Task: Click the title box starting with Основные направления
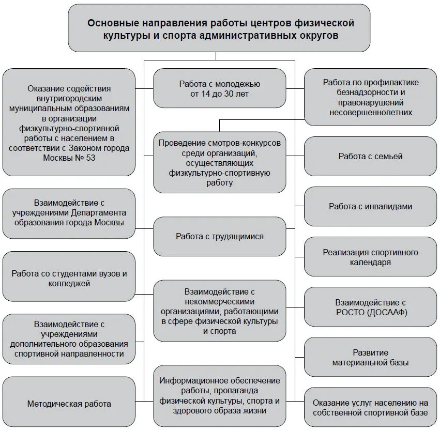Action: [x=219, y=28]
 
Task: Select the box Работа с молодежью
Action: [x=219, y=88]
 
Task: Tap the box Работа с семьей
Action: [x=370, y=156]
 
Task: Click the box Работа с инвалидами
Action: [x=370, y=206]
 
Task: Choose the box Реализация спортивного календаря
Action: [x=370, y=257]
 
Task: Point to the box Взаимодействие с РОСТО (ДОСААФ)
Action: [x=370, y=307]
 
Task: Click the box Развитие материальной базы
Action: [x=370, y=357]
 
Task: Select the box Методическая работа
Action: [x=69, y=404]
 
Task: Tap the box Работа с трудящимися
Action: [x=219, y=236]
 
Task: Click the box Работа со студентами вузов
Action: [x=69, y=279]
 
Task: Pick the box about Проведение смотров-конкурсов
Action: [x=219, y=162]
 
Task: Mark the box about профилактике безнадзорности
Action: [x=370, y=97]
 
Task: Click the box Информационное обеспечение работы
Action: [x=219, y=396]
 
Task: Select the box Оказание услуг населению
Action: [x=370, y=407]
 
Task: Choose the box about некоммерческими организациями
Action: [x=219, y=311]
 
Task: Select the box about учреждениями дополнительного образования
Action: [x=69, y=339]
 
